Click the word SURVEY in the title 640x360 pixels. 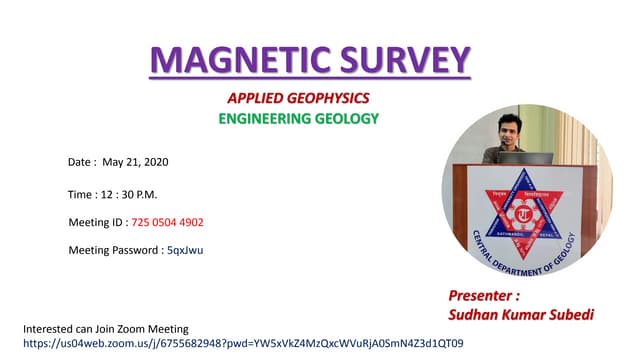tap(405, 59)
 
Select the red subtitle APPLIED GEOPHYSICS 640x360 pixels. tap(298, 98)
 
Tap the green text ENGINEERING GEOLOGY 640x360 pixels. tap(299, 118)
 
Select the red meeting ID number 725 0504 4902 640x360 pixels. tap(168, 222)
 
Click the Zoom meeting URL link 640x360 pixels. tap(243, 343)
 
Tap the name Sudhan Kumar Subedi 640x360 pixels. tap(521, 314)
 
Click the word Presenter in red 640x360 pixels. tap(484, 296)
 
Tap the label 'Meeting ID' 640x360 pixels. tap(96, 222)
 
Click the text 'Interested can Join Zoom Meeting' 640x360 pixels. tap(105, 329)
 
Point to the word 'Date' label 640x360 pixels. tap(80, 161)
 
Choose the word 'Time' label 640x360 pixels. tap(81, 194)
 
